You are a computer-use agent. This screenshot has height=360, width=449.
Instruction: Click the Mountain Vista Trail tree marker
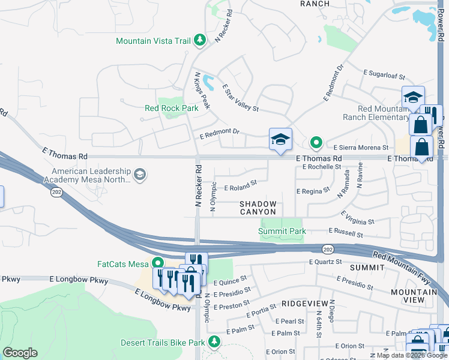point(200,40)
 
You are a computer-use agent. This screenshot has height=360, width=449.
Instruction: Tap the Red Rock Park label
point(171,108)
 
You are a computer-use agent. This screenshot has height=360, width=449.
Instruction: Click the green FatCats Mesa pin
point(158,263)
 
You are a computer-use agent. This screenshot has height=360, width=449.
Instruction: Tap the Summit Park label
point(282,231)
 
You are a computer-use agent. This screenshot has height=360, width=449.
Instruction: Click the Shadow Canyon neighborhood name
point(258,208)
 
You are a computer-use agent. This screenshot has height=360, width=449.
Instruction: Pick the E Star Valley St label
point(240,98)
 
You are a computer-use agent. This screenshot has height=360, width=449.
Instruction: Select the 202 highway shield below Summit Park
point(327,248)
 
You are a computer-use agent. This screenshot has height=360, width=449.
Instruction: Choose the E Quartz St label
point(325,262)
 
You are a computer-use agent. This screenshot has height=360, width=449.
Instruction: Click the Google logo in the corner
point(20,353)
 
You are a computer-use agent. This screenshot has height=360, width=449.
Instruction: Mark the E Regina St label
point(313,190)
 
